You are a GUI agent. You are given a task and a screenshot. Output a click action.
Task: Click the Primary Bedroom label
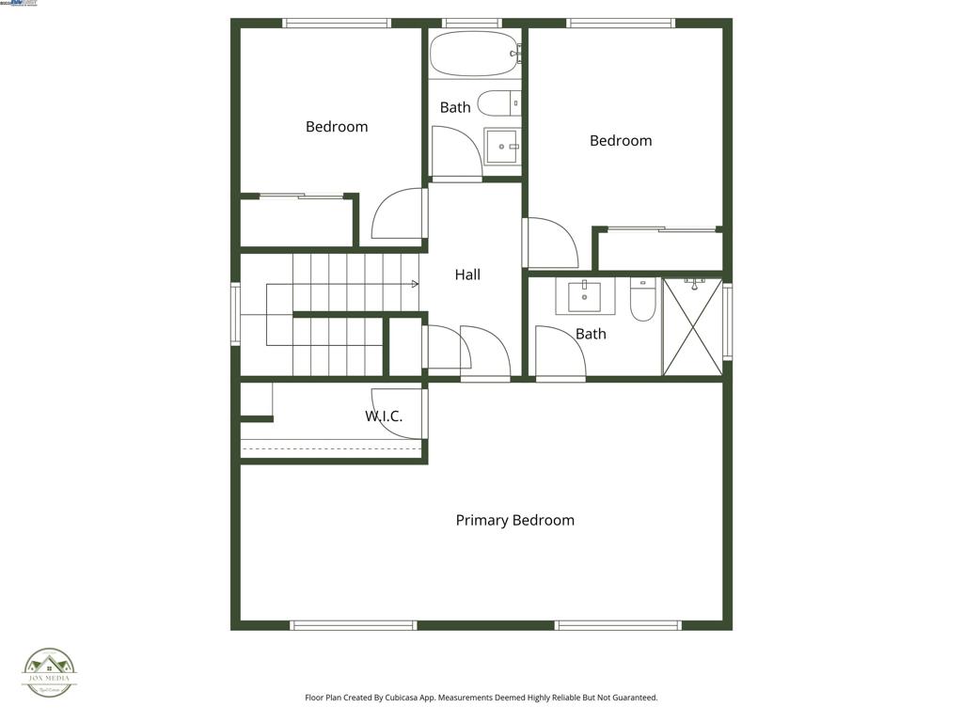pos(514,520)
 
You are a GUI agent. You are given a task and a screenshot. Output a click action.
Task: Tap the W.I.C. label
pos(384,416)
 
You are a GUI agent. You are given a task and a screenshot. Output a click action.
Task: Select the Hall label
pos(467,275)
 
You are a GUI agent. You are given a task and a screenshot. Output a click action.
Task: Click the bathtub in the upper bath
pos(474,54)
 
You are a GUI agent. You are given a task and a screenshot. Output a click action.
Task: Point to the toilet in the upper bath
pos(497,102)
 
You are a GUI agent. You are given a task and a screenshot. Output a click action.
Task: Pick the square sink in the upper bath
pos(501,146)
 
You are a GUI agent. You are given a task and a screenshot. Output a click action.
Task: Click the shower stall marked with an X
pos(692,326)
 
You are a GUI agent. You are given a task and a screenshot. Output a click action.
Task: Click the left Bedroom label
pos(337,127)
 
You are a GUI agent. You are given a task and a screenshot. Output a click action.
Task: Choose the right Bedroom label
pos(621,141)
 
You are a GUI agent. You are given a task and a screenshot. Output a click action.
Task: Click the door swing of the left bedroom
pos(400,214)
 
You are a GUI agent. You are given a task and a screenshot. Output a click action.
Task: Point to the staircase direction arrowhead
pos(415,283)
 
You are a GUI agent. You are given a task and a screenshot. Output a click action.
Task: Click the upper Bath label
pos(455,107)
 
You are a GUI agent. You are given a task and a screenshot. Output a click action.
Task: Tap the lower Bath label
pos(591,334)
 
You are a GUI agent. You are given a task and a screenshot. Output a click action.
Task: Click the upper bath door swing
pos(455,150)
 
